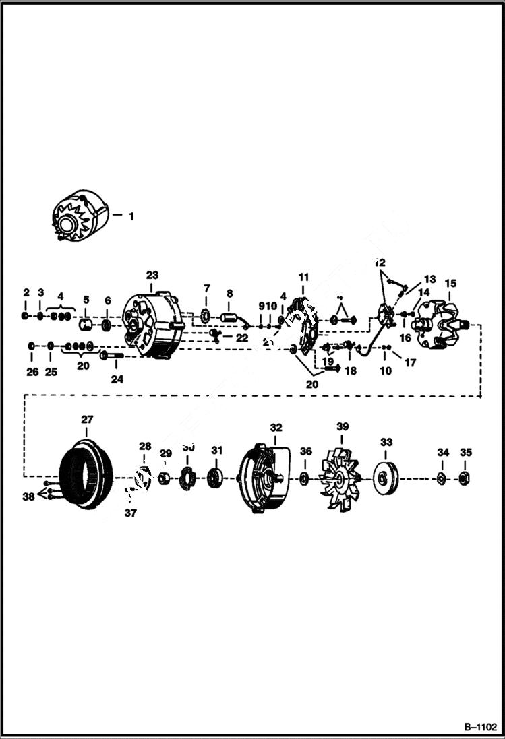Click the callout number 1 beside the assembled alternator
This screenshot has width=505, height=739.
click(131, 216)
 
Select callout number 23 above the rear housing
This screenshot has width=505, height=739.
click(152, 275)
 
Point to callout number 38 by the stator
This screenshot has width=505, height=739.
click(28, 496)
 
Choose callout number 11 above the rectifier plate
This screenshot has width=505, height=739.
click(303, 277)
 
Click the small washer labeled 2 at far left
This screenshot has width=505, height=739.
click(26, 316)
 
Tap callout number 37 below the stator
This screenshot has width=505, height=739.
click(130, 513)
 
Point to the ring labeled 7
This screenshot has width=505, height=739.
click(206, 316)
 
